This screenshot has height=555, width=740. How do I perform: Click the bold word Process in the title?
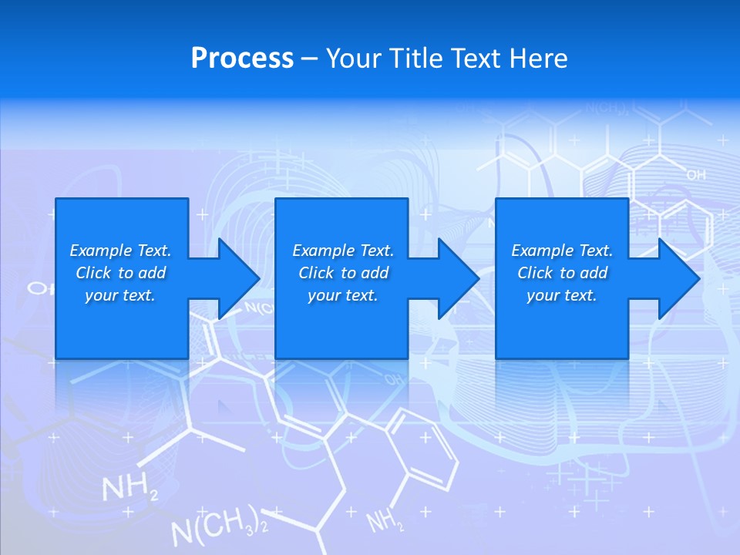(242, 59)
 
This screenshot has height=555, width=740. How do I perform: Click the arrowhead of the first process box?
(239, 278)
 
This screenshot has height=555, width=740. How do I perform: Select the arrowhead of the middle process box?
(459, 278)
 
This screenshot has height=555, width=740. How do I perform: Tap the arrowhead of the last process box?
(678, 278)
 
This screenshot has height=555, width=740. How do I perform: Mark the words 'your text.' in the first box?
(120, 295)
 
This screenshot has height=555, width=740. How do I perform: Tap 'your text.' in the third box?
(562, 295)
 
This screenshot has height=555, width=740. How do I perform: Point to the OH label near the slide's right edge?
(695, 176)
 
